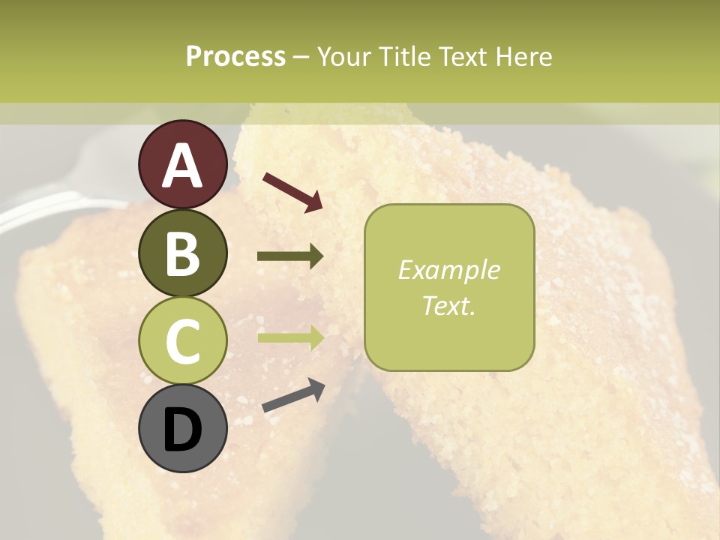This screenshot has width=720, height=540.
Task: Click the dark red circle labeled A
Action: (x=182, y=164)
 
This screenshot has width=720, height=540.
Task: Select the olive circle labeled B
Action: (x=182, y=253)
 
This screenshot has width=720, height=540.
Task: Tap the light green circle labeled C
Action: (x=182, y=340)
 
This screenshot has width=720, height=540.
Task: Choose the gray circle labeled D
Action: (x=182, y=429)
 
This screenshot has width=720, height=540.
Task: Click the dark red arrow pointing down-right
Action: (x=292, y=192)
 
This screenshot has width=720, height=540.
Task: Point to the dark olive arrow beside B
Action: (x=290, y=256)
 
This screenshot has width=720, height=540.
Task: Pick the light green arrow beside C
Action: (x=290, y=337)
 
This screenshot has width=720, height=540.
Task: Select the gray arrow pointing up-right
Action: (x=293, y=395)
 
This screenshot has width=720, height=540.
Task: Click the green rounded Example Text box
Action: (x=449, y=287)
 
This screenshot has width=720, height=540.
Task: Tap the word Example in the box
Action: (x=449, y=270)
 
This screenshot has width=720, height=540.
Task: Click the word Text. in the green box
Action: (x=449, y=305)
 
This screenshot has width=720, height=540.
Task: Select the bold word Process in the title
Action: (x=235, y=56)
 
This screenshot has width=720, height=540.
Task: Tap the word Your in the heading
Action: (x=346, y=56)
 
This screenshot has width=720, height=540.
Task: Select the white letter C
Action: (x=182, y=341)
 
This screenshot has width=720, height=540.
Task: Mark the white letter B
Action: (x=182, y=253)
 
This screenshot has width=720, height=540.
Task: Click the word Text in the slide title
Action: (x=462, y=56)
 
